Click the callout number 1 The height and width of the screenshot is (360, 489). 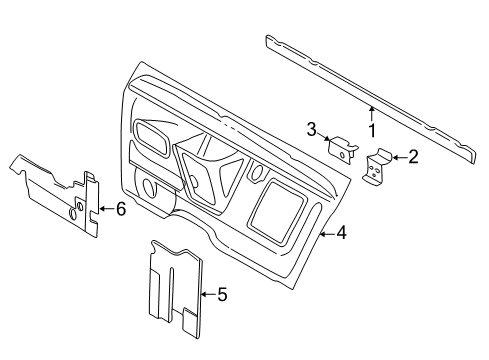(372, 130)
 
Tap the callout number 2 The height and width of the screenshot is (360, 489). (413, 157)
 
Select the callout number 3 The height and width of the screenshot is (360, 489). (311, 129)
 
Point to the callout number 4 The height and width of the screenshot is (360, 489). (341, 232)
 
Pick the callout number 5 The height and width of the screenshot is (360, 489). (222, 294)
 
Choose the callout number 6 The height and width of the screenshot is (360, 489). (121, 209)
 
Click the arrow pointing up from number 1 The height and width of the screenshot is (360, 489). (372, 113)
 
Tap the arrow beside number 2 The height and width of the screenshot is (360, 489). (399, 157)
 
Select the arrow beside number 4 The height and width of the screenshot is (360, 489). (327, 234)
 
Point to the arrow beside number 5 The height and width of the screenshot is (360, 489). (208, 294)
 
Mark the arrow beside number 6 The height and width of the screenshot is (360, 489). (107, 209)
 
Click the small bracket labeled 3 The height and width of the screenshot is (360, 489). (342, 150)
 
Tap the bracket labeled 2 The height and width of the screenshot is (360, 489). (377, 167)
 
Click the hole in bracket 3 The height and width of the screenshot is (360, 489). (342, 155)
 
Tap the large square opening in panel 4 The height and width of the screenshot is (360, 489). (278, 213)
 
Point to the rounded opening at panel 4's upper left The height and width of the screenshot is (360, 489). (153, 137)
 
